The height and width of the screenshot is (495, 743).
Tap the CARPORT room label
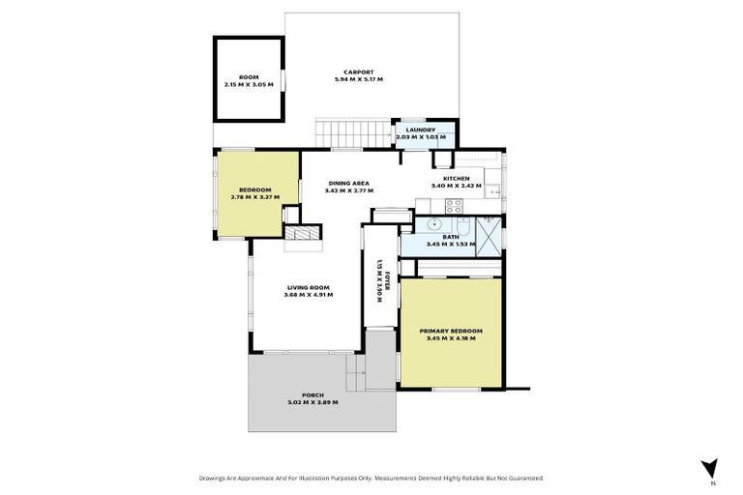(x=357, y=71)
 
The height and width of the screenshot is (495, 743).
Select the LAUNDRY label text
(x=420, y=130)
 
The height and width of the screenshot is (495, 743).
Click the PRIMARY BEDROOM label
(x=451, y=331)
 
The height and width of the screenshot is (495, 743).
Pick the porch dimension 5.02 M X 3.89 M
(x=312, y=402)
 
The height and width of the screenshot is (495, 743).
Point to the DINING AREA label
(x=349, y=183)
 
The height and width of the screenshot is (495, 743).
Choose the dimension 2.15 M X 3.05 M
(x=249, y=85)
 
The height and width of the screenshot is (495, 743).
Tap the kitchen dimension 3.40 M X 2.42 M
(x=456, y=187)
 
